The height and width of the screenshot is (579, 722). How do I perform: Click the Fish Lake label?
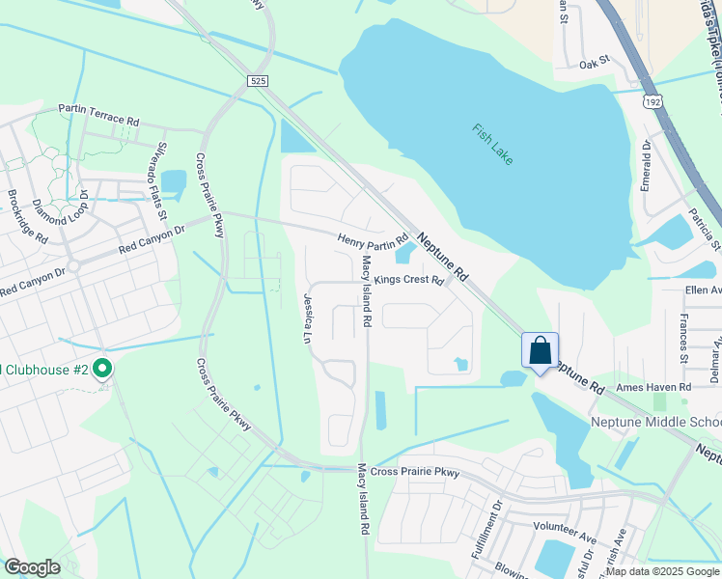coord(492,144)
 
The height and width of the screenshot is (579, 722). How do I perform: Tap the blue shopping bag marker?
coord(540,350)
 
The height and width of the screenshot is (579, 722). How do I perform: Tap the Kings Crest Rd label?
coord(408,280)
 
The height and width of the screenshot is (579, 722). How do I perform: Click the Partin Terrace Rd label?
coord(98,115)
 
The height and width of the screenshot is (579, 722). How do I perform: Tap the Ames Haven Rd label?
coord(653,387)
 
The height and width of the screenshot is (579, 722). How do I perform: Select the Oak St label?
coord(596,63)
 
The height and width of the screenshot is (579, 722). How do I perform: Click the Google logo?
coord(32,567)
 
